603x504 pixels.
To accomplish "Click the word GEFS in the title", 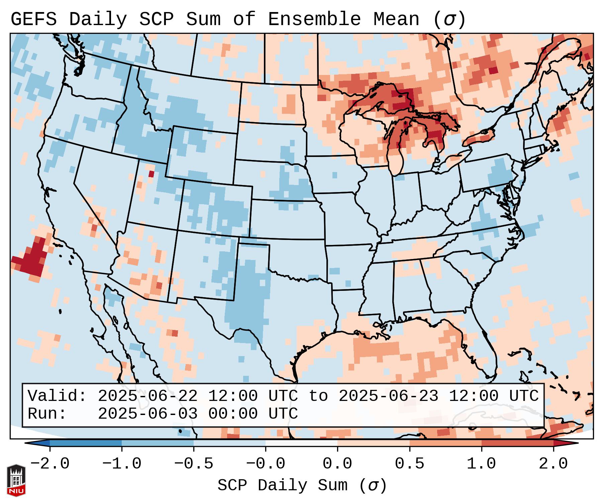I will click(33, 19).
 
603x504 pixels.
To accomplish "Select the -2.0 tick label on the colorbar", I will click(50, 464).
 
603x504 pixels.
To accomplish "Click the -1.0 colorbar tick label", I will click(122, 464).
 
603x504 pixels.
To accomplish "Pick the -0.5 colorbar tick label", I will click(194, 464).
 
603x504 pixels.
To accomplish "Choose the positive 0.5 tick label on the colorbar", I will click(409, 464).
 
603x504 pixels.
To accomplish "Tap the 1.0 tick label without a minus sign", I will click(481, 464).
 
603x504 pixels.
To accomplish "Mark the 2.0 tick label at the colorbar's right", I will click(553, 464).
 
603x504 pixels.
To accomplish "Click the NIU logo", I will click(16, 480).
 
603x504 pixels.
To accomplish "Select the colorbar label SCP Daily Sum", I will click(283, 486).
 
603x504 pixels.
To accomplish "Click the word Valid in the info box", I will click(57, 396).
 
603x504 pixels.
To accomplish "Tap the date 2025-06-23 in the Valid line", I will click(388, 396).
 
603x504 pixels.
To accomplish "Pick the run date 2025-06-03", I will click(147, 414).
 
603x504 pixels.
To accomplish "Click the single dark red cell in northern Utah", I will click(151, 174).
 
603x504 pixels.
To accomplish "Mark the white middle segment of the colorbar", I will click(301, 443).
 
